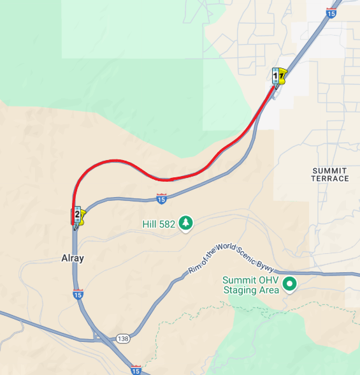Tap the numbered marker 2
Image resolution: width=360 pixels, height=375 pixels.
click(77, 214)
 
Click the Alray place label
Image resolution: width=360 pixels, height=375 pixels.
click(72, 258)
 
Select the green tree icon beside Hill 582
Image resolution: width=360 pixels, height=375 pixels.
click(185, 223)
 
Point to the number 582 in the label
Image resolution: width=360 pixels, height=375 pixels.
click(166, 224)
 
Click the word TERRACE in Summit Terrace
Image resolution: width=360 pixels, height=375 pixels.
click(330, 179)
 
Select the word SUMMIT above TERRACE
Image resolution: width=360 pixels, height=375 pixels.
click(330, 171)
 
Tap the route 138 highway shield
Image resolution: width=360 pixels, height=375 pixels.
click(122, 338)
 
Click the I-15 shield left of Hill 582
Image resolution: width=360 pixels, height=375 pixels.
click(161, 200)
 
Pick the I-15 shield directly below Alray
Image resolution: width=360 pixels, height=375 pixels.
click(78, 294)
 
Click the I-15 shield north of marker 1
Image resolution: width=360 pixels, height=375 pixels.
click(330, 13)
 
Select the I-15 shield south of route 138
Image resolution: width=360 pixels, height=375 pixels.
click(135, 370)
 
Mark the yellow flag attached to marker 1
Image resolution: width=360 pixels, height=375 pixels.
click(282, 77)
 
